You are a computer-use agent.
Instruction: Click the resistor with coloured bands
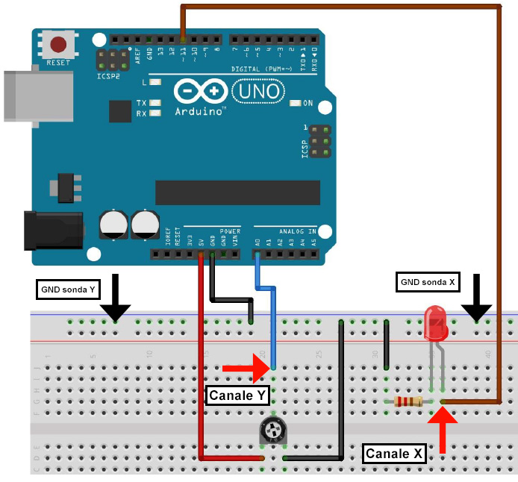tap(408, 401)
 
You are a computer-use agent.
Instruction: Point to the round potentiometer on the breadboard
tap(274, 431)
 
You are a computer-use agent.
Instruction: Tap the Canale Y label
tap(236, 395)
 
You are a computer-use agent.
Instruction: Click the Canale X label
tap(394, 454)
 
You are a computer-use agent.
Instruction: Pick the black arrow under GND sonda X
tap(475, 301)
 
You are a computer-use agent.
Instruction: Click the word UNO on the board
tap(258, 92)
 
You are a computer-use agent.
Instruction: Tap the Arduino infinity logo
tap(200, 93)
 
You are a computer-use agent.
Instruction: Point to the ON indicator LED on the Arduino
tap(296, 103)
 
